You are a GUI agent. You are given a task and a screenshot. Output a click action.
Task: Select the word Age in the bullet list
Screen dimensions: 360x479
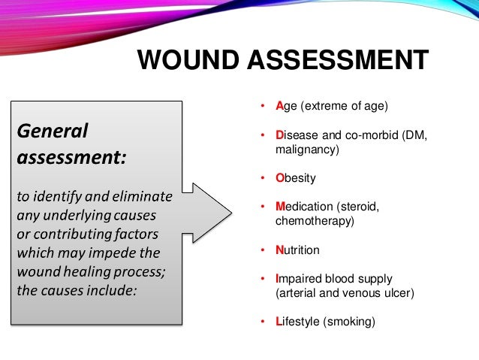pos(287,107)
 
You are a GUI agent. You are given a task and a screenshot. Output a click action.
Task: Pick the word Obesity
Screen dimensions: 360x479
pos(295,178)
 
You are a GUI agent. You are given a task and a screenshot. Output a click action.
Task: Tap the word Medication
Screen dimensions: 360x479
pos(303,207)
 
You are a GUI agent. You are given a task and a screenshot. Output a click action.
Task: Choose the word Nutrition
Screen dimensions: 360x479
pos(297,250)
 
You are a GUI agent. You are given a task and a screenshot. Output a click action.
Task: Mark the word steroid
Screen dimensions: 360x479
pos(360,207)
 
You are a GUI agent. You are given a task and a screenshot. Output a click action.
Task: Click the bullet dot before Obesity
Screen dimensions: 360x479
pos(263,179)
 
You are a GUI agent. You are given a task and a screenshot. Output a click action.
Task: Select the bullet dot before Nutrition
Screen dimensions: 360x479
pos(263,250)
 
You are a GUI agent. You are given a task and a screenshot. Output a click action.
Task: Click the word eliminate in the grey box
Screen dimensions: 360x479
pos(146,198)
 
